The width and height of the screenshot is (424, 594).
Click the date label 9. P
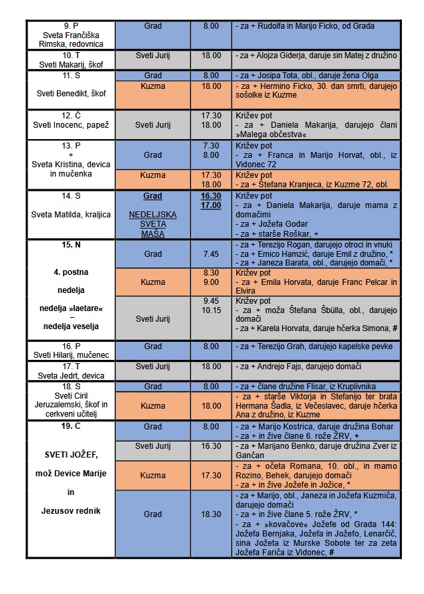(70, 26)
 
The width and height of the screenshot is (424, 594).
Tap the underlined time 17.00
(211, 206)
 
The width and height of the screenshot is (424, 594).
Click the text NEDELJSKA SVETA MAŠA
(152, 225)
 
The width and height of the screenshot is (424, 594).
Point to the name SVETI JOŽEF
(70, 455)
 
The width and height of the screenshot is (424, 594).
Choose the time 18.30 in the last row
(211, 514)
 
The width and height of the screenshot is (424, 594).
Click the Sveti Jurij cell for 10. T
(152, 55)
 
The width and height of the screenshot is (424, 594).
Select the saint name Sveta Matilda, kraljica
(70, 215)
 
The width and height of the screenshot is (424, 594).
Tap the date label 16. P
(70, 346)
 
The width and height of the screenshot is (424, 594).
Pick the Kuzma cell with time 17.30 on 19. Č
(152, 476)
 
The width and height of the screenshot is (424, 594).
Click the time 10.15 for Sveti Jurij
(211, 310)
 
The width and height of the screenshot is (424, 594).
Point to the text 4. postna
(70, 273)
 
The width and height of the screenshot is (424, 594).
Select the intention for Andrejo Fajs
(299, 367)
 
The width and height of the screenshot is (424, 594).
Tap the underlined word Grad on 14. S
(152, 197)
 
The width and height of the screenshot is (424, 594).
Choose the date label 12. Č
(70, 115)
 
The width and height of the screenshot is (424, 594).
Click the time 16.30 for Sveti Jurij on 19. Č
(211, 446)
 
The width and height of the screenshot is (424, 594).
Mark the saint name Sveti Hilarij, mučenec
(70, 355)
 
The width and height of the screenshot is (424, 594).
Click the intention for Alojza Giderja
(316, 55)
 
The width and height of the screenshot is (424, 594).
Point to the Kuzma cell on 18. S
(152, 406)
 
